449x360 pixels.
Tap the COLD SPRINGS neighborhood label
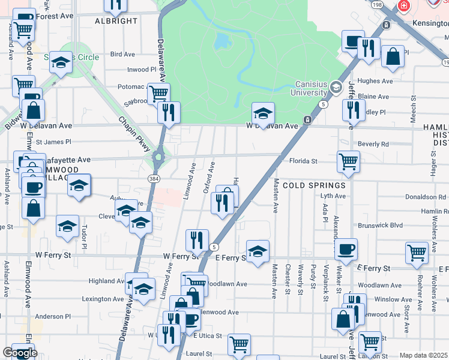point(315,185)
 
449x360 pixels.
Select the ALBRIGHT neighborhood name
point(116,21)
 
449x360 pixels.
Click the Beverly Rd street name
point(373,144)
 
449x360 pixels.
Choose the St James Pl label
point(53,142)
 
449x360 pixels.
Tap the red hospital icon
point(403,5)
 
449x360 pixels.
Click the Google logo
point(19,353)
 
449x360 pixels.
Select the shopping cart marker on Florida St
point(348,161)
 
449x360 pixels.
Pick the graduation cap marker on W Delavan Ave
point(262,113)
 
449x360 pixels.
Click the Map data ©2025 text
point(423,355)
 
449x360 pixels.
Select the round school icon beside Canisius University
point(336,88)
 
